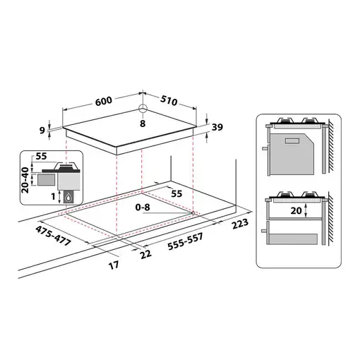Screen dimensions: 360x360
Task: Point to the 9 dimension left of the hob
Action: pyautogui.click(x=44, y=130)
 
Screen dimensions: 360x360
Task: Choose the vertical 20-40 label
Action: pyautogui.click(x=25, y=179)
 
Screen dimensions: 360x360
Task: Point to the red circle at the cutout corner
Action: pyautogui.click(x=193, y=212)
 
